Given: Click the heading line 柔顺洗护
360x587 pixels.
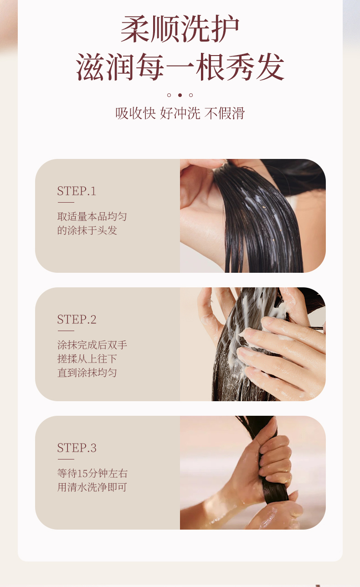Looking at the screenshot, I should click(x=180, y=30).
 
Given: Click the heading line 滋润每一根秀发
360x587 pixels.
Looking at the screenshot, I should click(x=180, y=67).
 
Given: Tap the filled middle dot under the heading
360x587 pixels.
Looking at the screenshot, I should click(x=180, y=95).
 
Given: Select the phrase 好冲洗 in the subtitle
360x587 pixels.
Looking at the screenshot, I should click(x=180, y=113).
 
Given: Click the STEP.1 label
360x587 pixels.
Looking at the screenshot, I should click(x=77, y=191).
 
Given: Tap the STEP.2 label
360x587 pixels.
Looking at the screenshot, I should click(x=77, y=320).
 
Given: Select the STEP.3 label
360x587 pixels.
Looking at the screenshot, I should click(x=77, y=448).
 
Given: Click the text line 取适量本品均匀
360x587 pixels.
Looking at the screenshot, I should click(x=92, y=216).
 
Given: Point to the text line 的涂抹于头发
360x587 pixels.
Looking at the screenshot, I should click(x=87, y=230).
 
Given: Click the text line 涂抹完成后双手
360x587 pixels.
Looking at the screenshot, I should click(x=92, y=345).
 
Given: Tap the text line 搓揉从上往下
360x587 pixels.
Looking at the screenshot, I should click(x=87, y=359).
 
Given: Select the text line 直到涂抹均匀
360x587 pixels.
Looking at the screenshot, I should click(x=87, y=373).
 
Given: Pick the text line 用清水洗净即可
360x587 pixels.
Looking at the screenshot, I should click(x=92, y=487).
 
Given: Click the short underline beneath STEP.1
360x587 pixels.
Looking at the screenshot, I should click(x=66, y=202).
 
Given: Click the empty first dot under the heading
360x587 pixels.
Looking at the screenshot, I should click(x=169, y=95).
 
